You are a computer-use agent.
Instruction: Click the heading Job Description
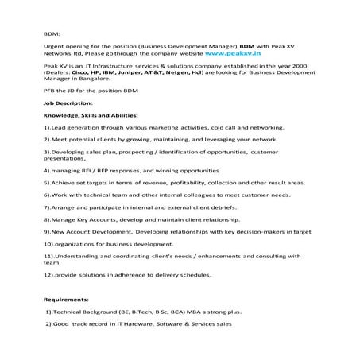(x=68, y=126)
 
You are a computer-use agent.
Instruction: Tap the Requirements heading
(x=66, y=300)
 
